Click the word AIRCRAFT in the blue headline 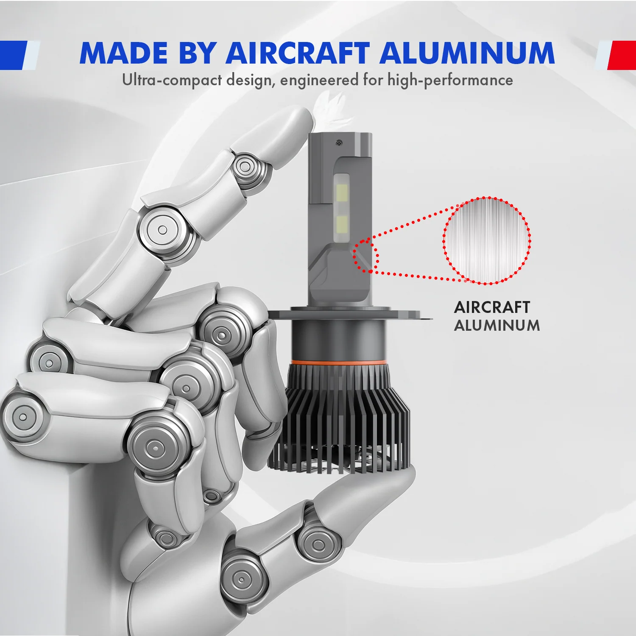[x=298, y=53]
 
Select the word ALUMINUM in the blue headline [x=467, y=53]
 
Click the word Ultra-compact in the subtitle [x=172, y=80]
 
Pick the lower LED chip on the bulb [x=341, y=224]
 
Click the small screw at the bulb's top [x=339, y=143]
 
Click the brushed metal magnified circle [x=487, y=240]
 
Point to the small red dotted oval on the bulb [x=366, y=256]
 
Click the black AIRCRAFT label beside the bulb [x=492, y=307]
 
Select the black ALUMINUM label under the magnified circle [x=497, y=326]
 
